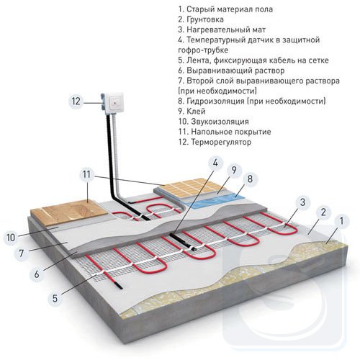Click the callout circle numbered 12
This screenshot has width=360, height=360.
pyautogui.click(x=76, y=101)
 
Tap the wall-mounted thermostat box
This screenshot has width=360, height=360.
pyautogui.click(x=113, y=103)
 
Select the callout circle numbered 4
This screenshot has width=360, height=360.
pyautogui.click(x=215, y=163)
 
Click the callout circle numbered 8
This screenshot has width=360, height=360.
pyautogui.click(x=250, y=179)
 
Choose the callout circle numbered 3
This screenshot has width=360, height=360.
pyautogui.click(x=302, y=202)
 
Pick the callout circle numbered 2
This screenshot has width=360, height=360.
pyautogui.click(x=323, y=212)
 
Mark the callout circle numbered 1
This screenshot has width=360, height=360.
pyautogui.click(x=341, y=221)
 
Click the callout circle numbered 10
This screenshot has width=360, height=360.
pyautogui.click(x=11, y=238)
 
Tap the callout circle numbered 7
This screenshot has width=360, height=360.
pyautogui.click(x=21, y=253)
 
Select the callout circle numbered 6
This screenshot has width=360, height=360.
pyautogui.click(x=37, y=274)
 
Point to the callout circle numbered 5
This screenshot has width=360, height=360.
pyautogui.click(x=55, y=298)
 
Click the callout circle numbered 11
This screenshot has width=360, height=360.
pyautogui.click(x=87, y=175)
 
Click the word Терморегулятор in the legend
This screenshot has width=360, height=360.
pyautogui.click(x=221, y=142)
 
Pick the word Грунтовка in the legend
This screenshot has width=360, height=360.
pyautogui.click(x=204, y=19)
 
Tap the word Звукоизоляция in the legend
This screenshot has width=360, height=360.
pyautogui.click(x=220, y=122)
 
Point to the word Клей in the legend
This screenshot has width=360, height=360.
pyautogui.click(x=196, y=112)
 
